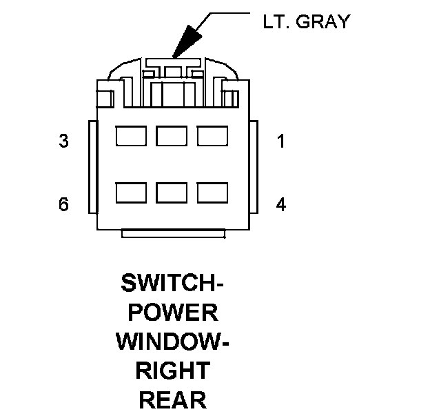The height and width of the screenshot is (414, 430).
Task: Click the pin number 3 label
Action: (64, 141)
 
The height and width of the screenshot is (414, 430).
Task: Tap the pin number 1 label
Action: (280, 141)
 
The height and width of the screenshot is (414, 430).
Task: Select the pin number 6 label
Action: (64, 205)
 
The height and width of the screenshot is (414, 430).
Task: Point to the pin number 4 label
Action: (280, 205)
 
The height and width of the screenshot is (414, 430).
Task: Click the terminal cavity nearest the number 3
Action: (131, 136)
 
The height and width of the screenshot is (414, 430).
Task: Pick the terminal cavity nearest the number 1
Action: (213, 136)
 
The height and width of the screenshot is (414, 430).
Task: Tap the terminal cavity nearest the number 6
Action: (131, 193)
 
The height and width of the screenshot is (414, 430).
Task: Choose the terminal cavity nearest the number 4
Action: (213, 193)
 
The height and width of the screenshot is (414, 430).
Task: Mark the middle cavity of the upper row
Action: (172, 136)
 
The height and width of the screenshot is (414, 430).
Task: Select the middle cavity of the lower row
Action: (172, 193)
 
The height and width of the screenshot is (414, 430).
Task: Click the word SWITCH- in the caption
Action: (173, 283)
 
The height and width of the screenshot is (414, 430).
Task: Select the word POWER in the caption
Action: (173, 313)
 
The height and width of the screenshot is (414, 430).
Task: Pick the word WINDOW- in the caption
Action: (173, 342)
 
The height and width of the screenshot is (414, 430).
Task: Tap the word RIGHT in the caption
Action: (173, 371)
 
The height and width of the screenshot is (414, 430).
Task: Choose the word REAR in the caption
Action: (173, 400)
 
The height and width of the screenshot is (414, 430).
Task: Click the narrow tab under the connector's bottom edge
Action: (172, 234)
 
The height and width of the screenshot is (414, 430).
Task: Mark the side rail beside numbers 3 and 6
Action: (92, 167)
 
